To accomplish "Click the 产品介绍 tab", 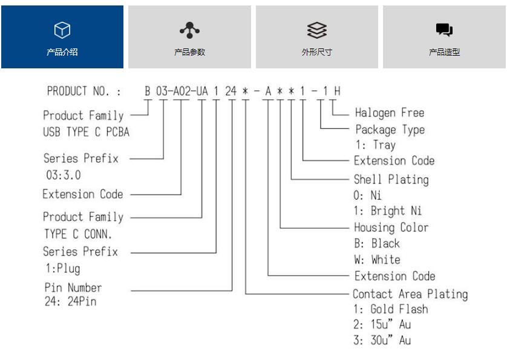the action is (x=62, y=37).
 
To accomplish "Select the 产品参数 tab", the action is (x=189, y=37).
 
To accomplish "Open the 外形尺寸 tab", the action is (x=317, y=37).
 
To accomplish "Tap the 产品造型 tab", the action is (x=444, y=37).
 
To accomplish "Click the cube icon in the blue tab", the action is (x=62, y=30).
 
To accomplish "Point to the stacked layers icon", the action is (x=317, y=30).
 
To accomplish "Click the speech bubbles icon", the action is (x=444, y=30).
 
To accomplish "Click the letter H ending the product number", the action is (x=337, y=91).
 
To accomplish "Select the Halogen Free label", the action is (x=390, y=113).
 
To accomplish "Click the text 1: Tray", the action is (x=376, y=145).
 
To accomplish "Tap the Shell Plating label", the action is (x=391, y=180).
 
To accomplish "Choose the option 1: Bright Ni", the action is (x=388, y=211).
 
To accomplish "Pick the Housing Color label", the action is (x=391, y=227).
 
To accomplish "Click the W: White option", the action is (x=377, y=260).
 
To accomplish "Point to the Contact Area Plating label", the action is (x=410, y=294).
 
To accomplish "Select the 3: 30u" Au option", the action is (x=382, y=340).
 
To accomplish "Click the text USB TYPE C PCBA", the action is (x=87, y=132).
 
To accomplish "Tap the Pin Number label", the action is (x=73, y=287).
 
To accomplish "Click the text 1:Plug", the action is (x=63, y=269).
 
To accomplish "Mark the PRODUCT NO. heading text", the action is (x=83, y=91).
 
